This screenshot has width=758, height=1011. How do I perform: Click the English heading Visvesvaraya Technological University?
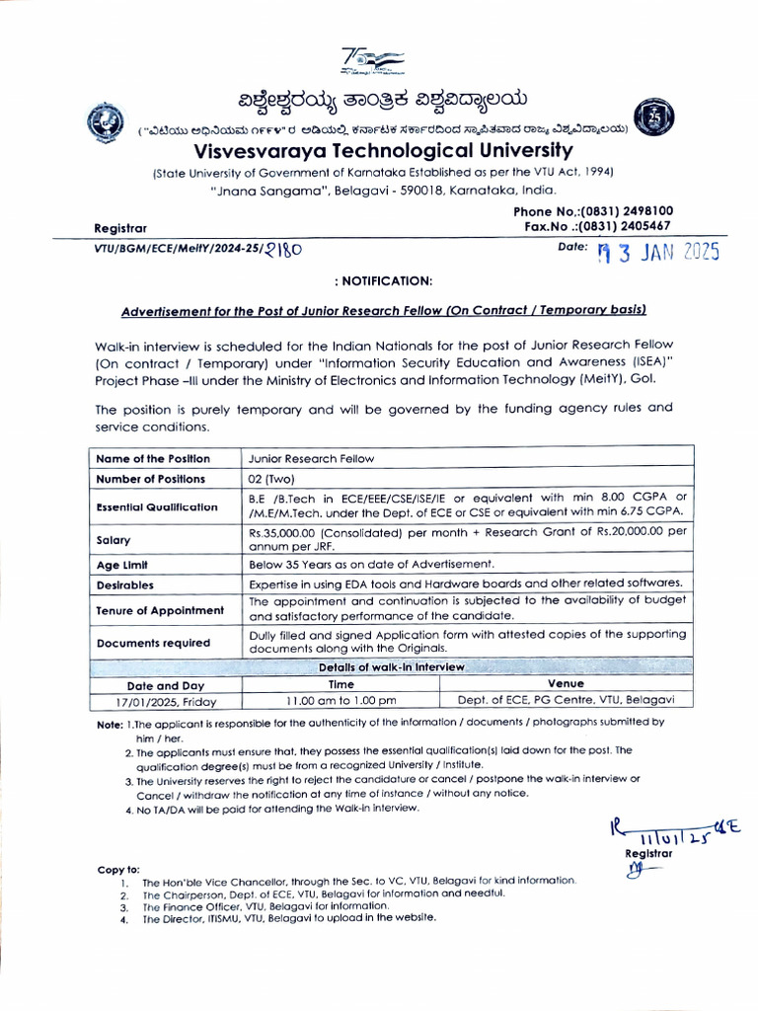[383, 151]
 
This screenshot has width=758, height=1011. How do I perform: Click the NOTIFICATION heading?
[383, 281]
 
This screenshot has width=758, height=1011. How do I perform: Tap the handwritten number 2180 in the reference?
[284, 251]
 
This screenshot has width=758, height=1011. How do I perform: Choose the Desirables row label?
[124, 584]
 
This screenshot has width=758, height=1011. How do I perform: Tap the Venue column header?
[565, 683]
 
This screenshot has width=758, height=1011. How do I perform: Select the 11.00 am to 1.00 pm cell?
[341, 701]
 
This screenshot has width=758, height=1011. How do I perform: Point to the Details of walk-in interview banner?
[391, 667]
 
